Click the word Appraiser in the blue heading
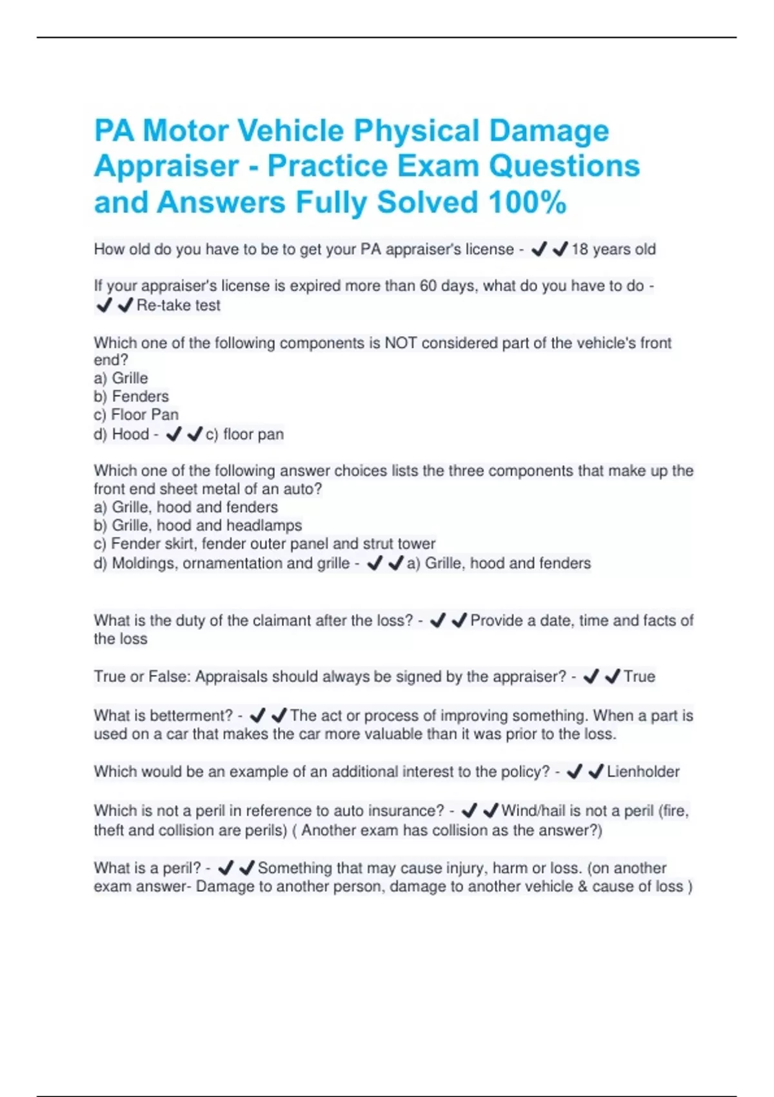pyautogui.click(x=166, y=166)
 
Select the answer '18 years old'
pyautogui.click(x=613, y=250)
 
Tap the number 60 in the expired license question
pyautogui.click(x=428, y=286)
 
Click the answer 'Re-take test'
pyautogui.click(x=179, y=305)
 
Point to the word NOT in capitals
pyautogui.click(x=401, y=343)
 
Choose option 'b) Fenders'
pyautogui.click(x=131, y=396)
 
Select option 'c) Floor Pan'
pyautogui.click(x=135, y=414)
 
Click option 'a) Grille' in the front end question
pyautogui.click(x=121, y=378)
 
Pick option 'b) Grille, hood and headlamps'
pyautogui.click(x=197, y=525)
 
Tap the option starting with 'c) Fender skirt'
pyautogui.click(x=264, y=543)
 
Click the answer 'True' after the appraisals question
pyautogui.click(x=639, y=677)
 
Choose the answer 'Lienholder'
pyautogui.click(x=643, y=772)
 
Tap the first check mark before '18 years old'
pyautogui.click(x=539, y=249)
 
